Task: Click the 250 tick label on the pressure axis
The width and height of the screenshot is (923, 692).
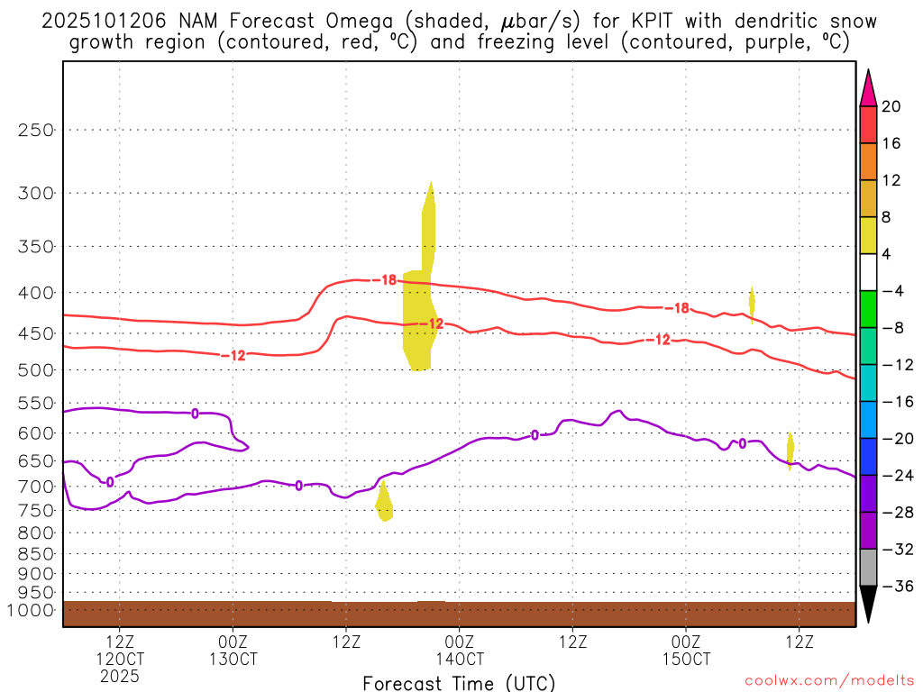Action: [36, 130]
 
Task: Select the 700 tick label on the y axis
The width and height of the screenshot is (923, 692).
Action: [36, 487]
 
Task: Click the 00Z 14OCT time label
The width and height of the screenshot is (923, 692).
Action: [459, 650]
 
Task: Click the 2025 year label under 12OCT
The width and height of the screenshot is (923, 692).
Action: [120, 675]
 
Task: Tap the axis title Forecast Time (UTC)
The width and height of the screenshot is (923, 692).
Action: [459, 682]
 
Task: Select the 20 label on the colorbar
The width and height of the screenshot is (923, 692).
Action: [891, 106]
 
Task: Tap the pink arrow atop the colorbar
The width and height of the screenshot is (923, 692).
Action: [868, 87]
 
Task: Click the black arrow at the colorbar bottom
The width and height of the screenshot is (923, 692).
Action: [868, 604]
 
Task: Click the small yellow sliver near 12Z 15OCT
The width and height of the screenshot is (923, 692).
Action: [790, 450]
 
